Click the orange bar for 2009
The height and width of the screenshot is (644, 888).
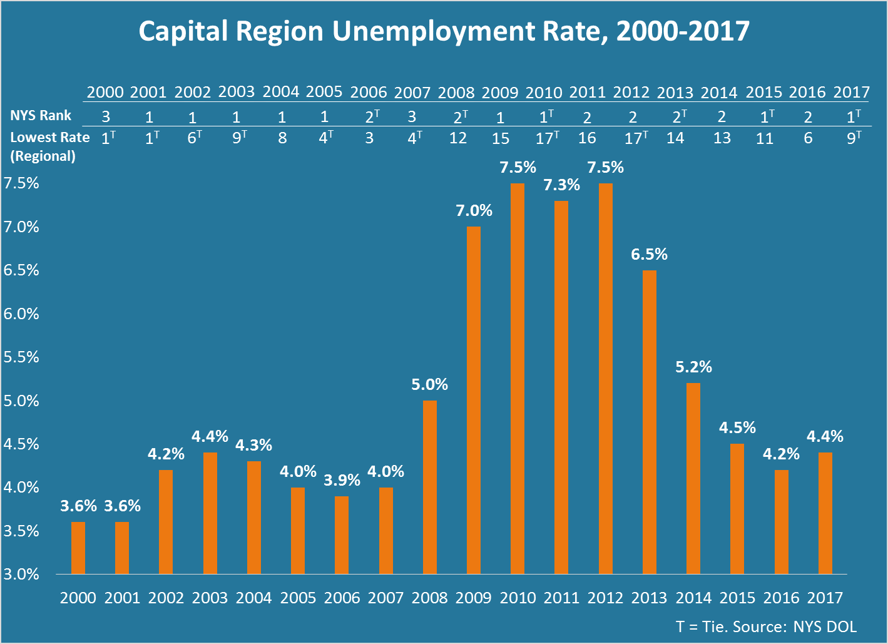(474, 401)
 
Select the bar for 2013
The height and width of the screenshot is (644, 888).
(650, 422)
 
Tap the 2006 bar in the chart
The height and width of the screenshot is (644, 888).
(342, 535)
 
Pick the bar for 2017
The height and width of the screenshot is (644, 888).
(825, 513)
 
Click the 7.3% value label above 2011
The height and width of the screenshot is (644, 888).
(561, 185)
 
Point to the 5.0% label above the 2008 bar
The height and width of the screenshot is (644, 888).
(429, 385)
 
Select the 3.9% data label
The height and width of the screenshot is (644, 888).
(342, 481)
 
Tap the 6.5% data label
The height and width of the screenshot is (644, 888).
(649, 255)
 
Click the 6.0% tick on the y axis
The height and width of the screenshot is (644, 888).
(21, 314)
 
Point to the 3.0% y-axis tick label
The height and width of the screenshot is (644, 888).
(21, 574)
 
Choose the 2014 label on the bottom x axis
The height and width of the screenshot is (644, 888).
(693, 598)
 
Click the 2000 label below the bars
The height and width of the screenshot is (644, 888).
(78, 598)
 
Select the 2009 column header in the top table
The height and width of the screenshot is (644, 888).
(500, 93)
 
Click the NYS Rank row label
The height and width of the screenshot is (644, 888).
(41, 115)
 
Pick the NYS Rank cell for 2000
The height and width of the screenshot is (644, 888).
(106, 116)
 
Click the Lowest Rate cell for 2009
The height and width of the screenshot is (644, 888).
(500, 138)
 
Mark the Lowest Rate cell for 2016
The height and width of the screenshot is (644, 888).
(808, 138)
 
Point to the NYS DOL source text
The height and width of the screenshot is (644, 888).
(825, 626)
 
